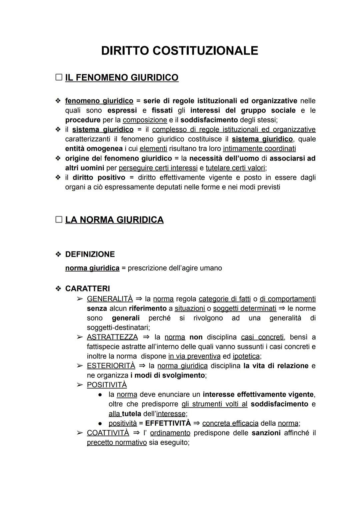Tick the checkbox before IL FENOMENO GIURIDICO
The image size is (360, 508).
point(59,77)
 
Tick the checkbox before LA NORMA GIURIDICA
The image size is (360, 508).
point(59,220)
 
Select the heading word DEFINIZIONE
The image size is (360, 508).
point(90,254)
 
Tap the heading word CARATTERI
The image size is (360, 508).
point(87,288)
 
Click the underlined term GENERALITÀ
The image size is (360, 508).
point(110,299)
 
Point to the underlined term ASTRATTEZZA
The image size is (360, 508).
point(112,337)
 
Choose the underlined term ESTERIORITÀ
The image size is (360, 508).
point(111,366)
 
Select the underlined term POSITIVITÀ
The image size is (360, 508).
point(107,385)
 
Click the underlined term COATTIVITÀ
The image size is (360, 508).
point(108,433)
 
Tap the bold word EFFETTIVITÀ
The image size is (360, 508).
point(168,423)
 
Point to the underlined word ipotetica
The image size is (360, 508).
point(246,356)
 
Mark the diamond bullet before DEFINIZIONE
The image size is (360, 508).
point(58,254)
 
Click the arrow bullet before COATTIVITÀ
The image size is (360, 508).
point(80,433)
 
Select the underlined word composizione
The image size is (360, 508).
point(145,120)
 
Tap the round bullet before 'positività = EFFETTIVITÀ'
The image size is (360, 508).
point(100,423)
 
